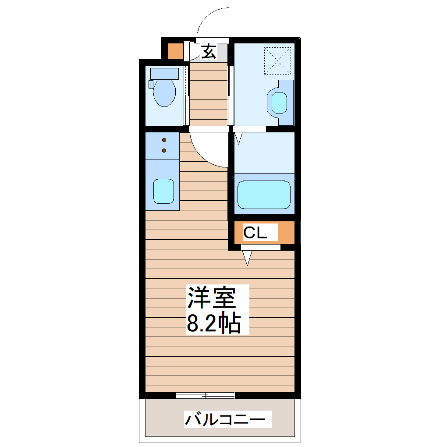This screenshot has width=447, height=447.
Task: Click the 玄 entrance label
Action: (209, 52)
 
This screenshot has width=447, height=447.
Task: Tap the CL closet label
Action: (255, 233)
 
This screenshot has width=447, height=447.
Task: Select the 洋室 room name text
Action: (212, 298)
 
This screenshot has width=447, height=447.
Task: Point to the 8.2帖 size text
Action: (214, 323)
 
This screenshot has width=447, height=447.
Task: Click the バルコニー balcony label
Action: (225, 420)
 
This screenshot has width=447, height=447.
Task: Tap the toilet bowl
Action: (164, 93)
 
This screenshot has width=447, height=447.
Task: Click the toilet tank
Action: (164, 73)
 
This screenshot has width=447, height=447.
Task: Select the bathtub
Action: (264, 194)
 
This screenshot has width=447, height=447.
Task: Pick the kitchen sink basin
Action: (164, 191)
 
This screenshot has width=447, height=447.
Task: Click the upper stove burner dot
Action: (164, 140)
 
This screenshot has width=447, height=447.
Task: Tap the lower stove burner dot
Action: (164, 150)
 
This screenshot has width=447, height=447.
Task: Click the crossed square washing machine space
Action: (277, 60)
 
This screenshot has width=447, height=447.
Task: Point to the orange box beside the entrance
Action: (175, 51)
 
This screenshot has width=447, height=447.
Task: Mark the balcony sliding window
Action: (205, 395)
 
